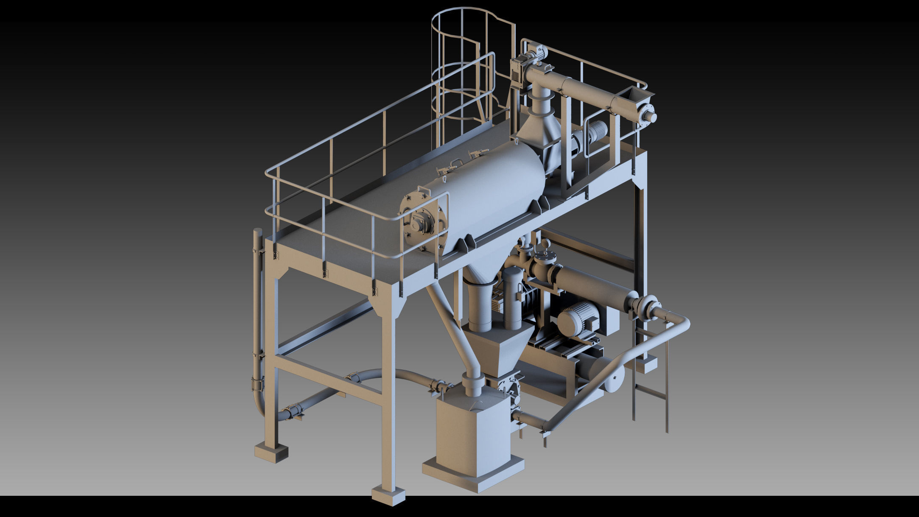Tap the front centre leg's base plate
click(388, 494)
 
